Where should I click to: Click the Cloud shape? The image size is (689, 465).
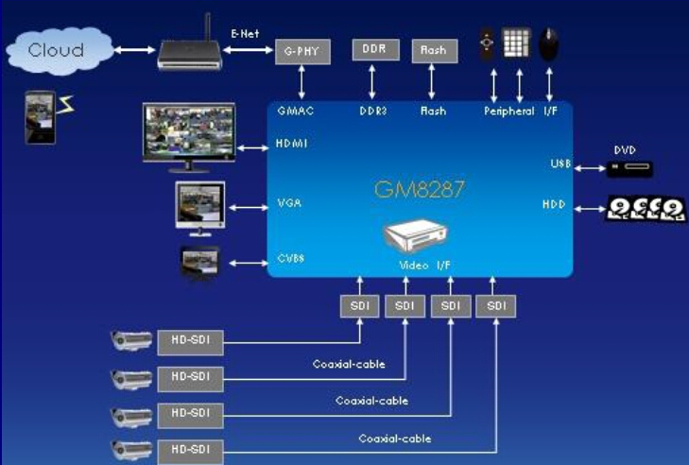coord(60,50)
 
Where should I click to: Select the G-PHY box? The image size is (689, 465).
coord(302,51)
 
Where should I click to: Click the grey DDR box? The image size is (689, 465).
coord(376,49)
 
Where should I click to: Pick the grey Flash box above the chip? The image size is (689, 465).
coord(435,50)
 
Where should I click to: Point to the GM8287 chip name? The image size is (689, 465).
coord(420,189)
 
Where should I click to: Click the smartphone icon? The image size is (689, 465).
coord(41,117)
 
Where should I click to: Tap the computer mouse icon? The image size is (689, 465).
coord(549,44)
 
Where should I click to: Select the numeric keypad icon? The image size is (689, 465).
coord(517,43)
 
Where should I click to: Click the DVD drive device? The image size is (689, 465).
coord(629,169)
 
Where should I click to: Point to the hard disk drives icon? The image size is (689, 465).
coord(646,208)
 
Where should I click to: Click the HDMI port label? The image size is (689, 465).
coord(292,144)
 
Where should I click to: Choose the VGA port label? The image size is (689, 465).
coord(289,203)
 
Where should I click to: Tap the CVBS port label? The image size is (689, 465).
coord(291,258)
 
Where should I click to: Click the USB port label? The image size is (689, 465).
coord(560,164)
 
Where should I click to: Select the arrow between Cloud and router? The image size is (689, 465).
coord(135,50)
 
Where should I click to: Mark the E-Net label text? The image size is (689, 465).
coord(245,33)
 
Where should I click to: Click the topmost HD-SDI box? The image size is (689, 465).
coord(190,342)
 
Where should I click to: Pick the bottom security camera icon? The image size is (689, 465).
coord(131,450)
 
